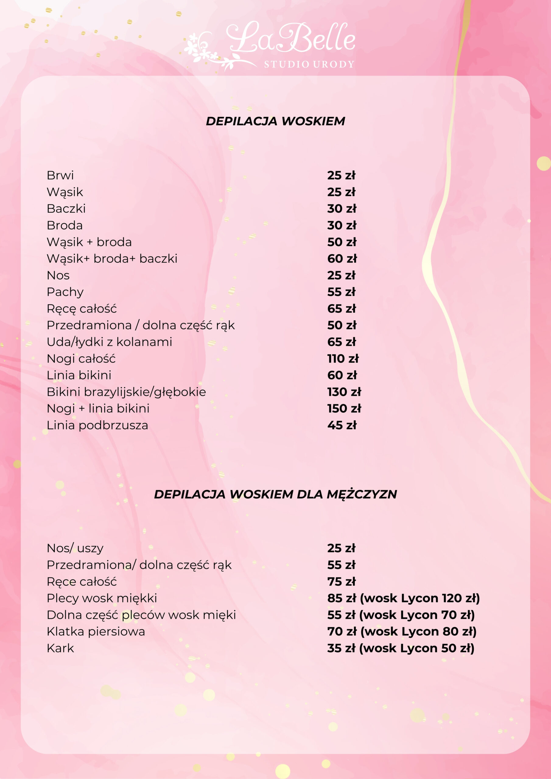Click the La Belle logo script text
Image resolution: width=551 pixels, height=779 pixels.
click(x=291, y=38)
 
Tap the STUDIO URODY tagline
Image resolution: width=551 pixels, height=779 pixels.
click(x=309, y=64)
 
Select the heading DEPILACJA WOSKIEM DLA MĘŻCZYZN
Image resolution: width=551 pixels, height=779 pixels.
click(x=275, y=494)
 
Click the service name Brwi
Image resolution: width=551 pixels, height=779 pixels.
click(x=60, y=175)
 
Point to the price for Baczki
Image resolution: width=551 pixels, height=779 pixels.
click(x=342, y=209)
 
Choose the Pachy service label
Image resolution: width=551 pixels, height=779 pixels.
click(x=65, y=292)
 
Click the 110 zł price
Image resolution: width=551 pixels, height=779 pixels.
click(x=342, y=359)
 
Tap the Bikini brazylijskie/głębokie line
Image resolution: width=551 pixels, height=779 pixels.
click(x=126, y=392)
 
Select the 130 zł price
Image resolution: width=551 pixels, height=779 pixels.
click(x=344, y=392)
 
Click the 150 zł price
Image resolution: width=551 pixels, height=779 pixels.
click(x=344, y=408)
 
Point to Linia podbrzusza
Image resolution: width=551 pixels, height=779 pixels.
click(x=97, y=425)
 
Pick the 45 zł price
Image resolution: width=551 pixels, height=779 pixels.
click(x=342, y=425)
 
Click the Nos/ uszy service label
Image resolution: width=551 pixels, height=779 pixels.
click(x=75, y=548)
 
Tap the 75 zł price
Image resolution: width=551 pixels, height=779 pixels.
click(x=341, y=582)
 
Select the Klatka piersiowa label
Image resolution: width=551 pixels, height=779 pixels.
click(x=96, y=631)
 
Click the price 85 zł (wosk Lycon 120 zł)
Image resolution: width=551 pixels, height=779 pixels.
click(x=403, y=598)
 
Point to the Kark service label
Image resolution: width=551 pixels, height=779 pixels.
click(x=60, y=648)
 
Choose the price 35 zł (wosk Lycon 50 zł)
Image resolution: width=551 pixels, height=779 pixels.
click(x=401, y=648)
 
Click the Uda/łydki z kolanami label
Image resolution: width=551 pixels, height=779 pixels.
click(x=109, y=342)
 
